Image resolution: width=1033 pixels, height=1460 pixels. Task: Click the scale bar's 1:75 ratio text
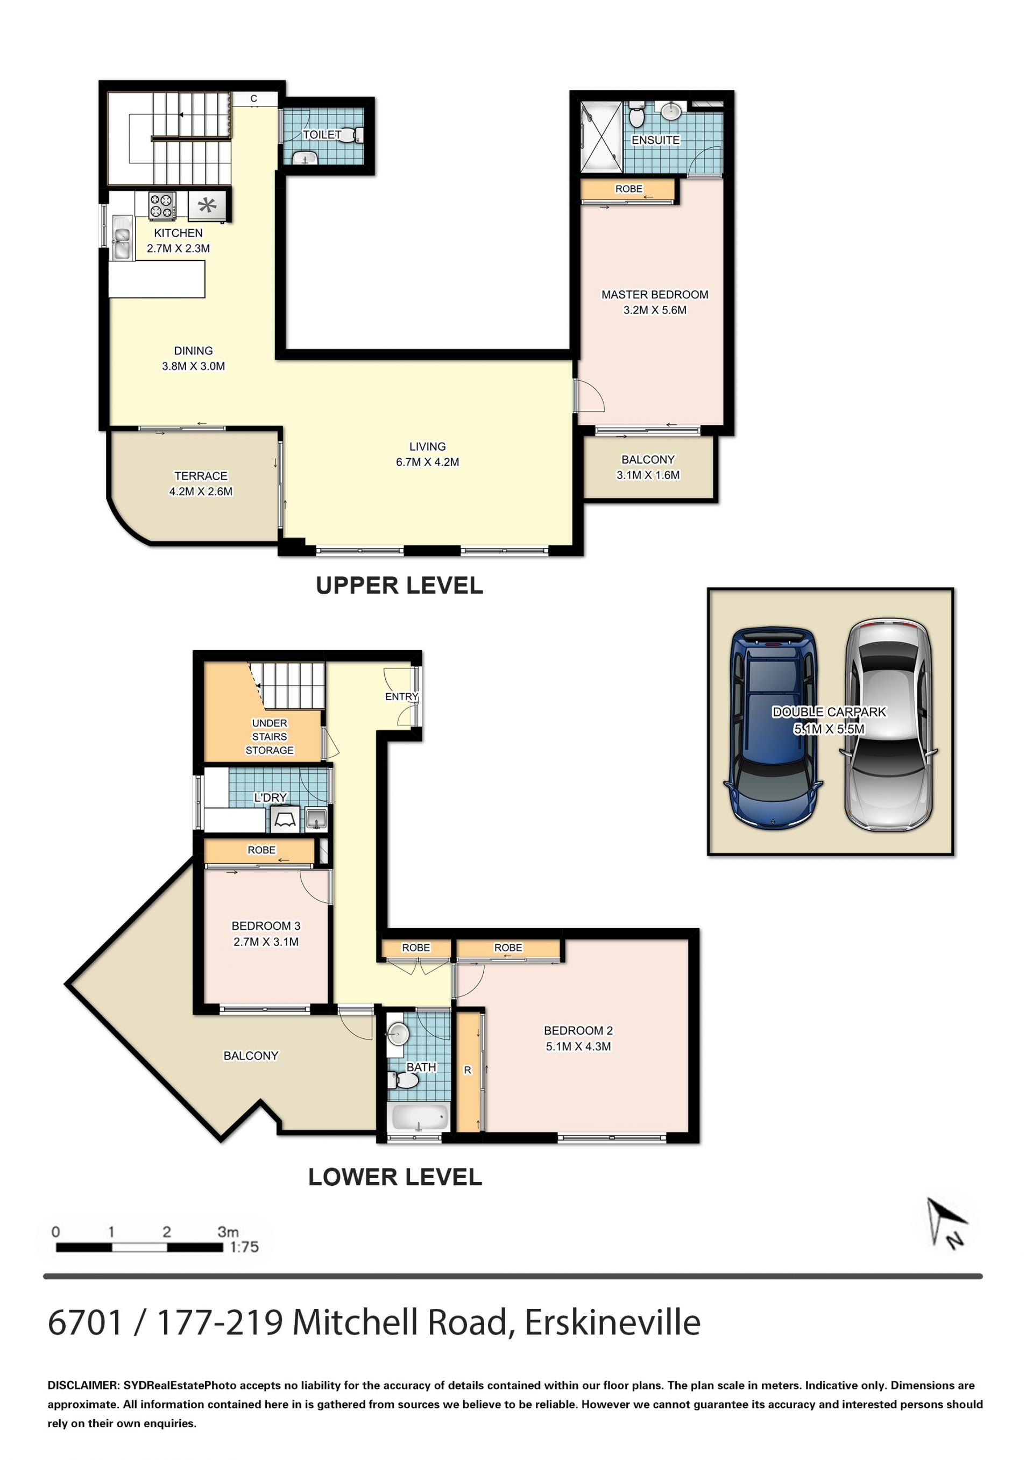point(244,1247)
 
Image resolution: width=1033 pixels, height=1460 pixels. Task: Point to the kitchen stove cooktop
point(161,205)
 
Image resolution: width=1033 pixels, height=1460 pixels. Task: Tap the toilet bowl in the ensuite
point(636,116)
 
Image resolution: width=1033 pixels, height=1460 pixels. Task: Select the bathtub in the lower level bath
point(418,1118)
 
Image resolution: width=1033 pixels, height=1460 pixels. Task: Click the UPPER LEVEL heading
point(399,586)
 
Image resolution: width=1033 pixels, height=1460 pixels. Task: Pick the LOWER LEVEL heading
point(395,1177)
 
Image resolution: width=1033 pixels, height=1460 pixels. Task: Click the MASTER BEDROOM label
point(655,294)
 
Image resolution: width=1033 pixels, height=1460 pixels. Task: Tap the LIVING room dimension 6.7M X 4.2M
point(427,462)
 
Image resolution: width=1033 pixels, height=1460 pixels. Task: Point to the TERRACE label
point(201,476)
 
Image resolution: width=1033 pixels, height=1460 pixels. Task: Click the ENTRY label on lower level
point(401,697)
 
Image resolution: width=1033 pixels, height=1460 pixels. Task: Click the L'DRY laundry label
point(270,797)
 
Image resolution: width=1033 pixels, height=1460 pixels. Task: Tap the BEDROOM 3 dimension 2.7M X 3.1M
point(266,942)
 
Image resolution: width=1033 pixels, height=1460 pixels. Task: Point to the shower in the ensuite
point(601,136)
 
